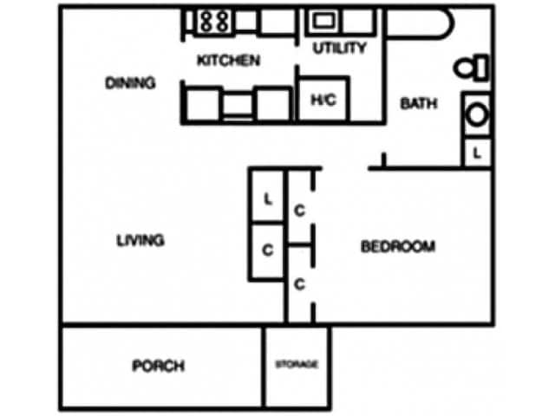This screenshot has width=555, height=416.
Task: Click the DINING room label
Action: pyautogui.click(x=130, y=84)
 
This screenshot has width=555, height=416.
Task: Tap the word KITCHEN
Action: pyautogui.click(x=228, y=61)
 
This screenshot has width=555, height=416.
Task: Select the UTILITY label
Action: pyautogui.click(x=339, y=49)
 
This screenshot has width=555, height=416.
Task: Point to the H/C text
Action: pyautogui.click(x=323, y=101)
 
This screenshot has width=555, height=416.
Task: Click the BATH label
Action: pyautogui.click(x=418, y=104)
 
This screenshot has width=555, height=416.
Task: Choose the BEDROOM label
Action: pyautogui.click(x=397, y=247)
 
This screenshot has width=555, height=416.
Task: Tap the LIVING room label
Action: pyautogui.click(x=140, y=241)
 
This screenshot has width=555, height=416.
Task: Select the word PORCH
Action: pyautogui.click(x=158, y=366)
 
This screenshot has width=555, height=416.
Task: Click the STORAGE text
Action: pyautogui.click(x=297, y=365)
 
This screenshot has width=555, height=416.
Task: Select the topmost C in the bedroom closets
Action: pyautogui.click(x=298, y=209)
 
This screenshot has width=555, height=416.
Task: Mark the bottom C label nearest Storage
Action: pyautogui.click(x=298, y=283)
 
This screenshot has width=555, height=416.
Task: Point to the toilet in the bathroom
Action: pyautogui.click(x=473, y=67)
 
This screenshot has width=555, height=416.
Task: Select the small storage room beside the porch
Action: pyautogui.click(x=297, y=366)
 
